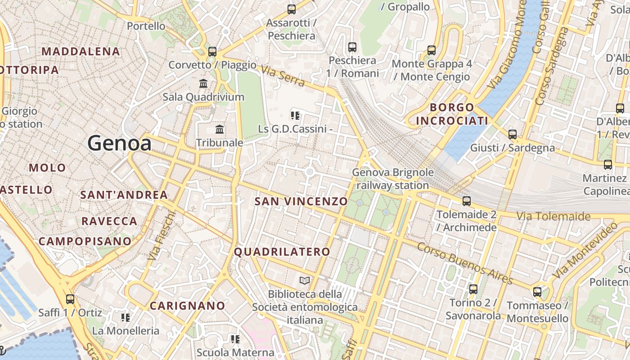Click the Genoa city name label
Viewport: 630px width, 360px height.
tap(119, 143)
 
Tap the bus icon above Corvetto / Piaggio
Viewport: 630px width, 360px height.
tap(212, 51)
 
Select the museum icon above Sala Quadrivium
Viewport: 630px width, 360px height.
tap(203, 83)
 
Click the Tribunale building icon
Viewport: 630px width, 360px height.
tap(220, 130)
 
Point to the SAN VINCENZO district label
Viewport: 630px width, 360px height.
tap(301, 201)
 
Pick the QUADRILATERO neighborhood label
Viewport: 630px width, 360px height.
tap(282, 252)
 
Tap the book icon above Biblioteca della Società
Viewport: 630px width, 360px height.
tap(305, 281)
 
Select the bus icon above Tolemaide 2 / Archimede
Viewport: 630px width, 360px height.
tap(467, 201)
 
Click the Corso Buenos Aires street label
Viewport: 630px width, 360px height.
tap(465, 263)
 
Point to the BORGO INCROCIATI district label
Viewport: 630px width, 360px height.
tap(452, 114)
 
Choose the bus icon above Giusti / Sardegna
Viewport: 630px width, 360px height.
tap(512, 134)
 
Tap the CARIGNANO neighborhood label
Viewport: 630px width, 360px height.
tap(187, 306)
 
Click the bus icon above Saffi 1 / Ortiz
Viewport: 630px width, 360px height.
tap(70, 299)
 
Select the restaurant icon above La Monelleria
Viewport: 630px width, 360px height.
tap(126, 318)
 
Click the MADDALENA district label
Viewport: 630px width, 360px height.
tap(81, 51)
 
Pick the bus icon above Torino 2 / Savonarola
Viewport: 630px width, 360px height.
tap(473, 289)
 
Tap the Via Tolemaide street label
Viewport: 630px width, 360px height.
tap(553, 216)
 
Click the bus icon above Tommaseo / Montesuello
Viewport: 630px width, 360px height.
tap(537, 292)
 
